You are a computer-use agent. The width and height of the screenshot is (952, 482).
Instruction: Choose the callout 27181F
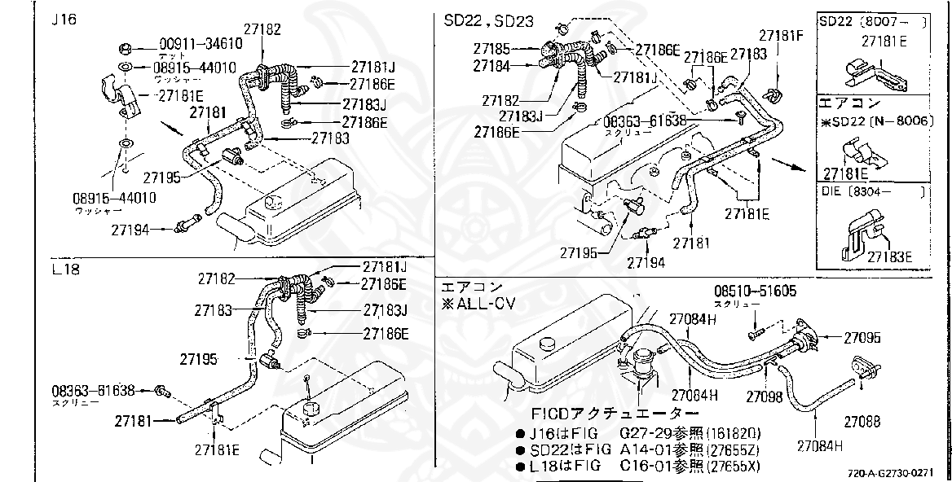(x=781, y=36)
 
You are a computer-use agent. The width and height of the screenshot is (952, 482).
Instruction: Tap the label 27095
(x=862, y=335)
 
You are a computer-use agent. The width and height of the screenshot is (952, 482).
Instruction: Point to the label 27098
(x=765, y=397)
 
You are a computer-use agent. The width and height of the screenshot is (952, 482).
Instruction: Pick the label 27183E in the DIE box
(x=889, y=256)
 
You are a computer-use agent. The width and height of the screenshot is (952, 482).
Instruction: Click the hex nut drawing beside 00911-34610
(x=126, y=46)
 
